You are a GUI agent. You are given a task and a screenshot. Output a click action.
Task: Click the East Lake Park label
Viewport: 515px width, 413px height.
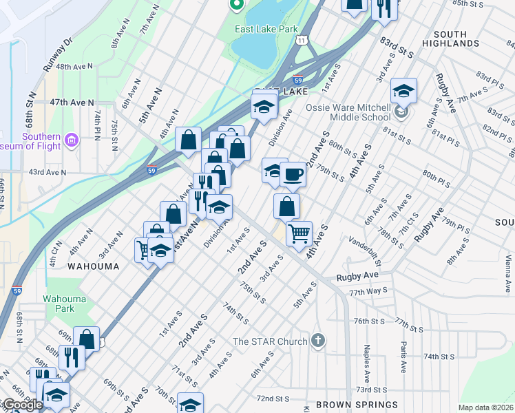point(265,30)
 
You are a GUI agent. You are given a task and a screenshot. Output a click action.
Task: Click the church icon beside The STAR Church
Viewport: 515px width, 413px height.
point(317,340)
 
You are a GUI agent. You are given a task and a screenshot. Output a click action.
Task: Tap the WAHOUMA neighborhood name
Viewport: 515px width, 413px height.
point(93,266)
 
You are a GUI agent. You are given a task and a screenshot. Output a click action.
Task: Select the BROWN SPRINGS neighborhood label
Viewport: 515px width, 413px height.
point(357,405)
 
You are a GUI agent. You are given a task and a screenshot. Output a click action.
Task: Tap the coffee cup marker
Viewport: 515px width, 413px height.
point(293,174)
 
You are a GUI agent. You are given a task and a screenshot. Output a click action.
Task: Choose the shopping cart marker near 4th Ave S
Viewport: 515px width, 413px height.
point(299,234)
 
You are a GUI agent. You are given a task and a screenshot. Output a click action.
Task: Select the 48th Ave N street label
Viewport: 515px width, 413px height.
point(74,67)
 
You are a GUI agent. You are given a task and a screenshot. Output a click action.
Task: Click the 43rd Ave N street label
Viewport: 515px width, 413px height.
point(47,171)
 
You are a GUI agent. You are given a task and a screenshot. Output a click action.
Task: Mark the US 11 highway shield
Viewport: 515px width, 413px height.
point(303,41)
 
